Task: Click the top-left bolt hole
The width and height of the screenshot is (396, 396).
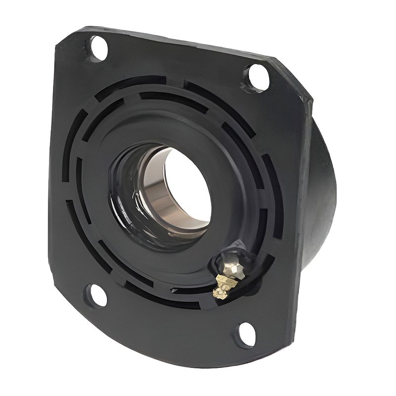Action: pos(99,49)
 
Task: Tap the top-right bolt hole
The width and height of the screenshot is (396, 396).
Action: pos(258,77)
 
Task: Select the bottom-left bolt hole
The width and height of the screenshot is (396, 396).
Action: pos(98,296)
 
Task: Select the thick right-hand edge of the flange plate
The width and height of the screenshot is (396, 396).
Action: pos(303,208)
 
